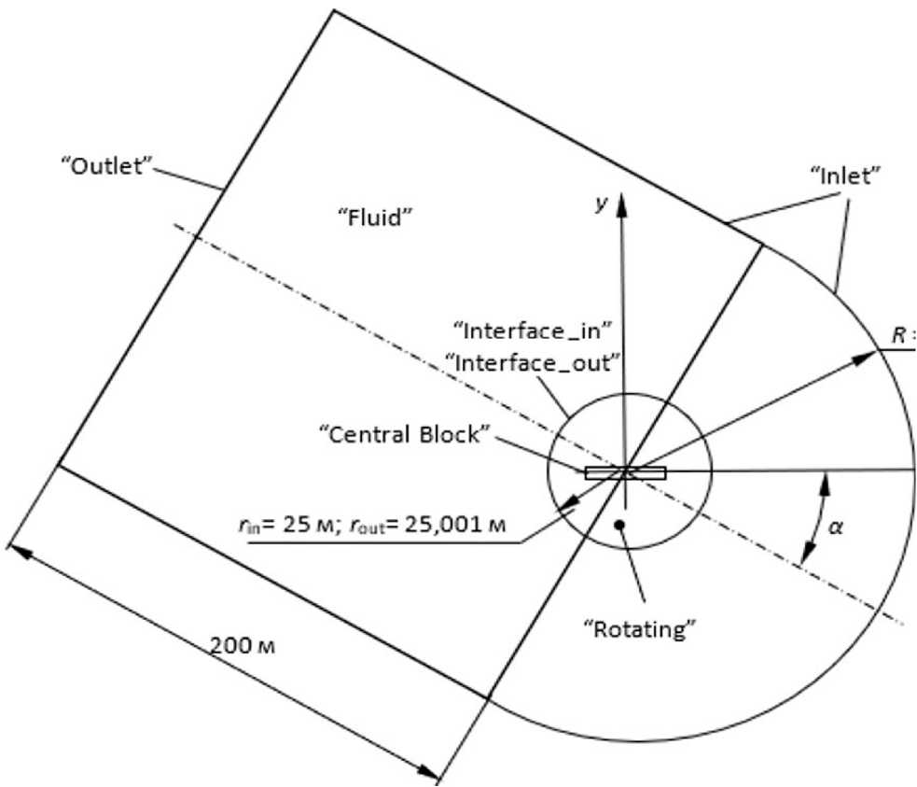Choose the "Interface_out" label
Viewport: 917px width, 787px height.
(x=535, y=359)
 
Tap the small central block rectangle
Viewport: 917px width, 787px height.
(x=625, y=472)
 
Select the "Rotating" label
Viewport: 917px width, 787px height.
(x=646, y=627)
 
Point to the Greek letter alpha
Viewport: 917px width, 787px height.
(x=836, y=527)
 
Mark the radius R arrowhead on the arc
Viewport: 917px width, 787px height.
(x=874, y=352)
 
